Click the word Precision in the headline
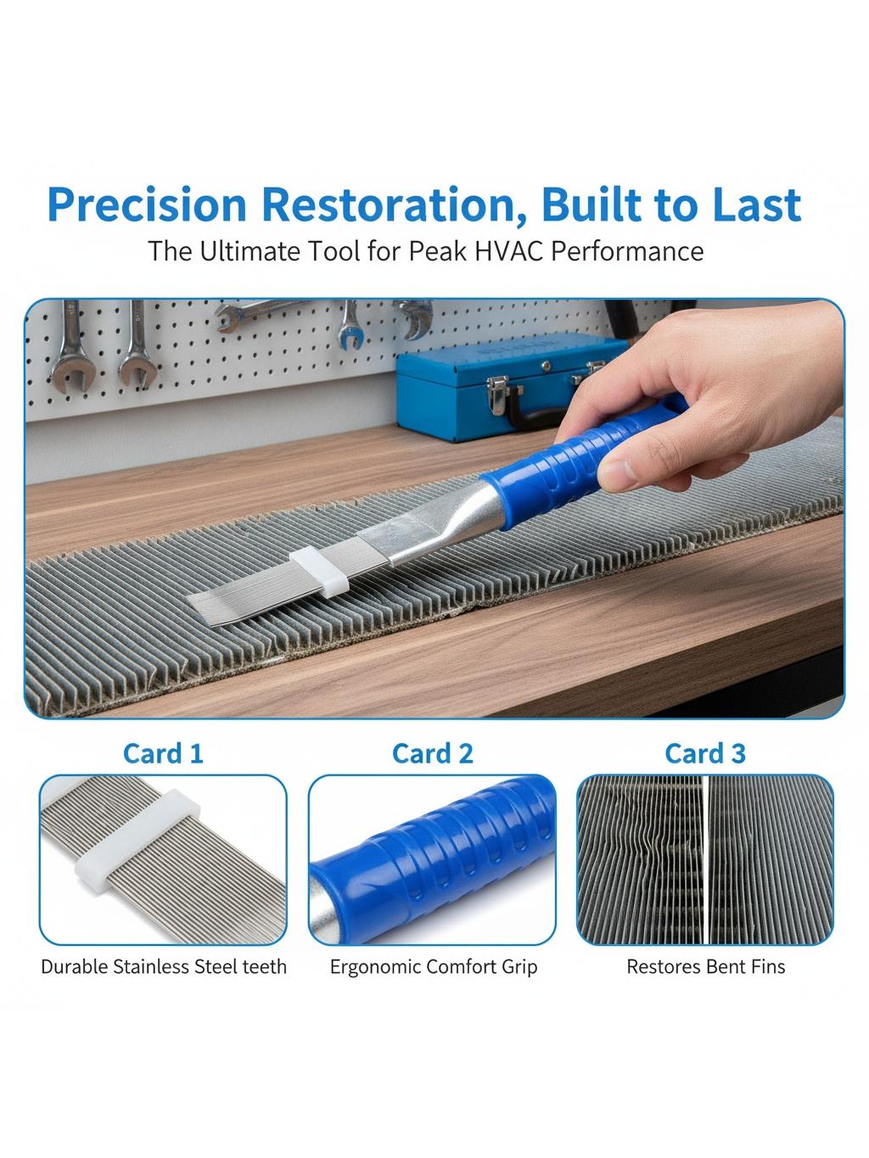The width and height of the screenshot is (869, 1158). point(147,204)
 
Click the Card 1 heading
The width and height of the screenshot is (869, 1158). point(163,753)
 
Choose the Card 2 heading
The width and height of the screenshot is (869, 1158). point(433,753)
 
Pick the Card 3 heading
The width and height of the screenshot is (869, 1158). point(705,753)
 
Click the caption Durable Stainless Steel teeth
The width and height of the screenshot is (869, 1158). point(164,967)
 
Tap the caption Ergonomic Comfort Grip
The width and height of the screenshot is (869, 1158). point(433,967)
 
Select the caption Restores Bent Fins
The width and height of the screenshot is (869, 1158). point(706,967)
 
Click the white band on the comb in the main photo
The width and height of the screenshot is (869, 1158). point(319,572)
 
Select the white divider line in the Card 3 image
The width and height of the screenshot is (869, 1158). point(705,860)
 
